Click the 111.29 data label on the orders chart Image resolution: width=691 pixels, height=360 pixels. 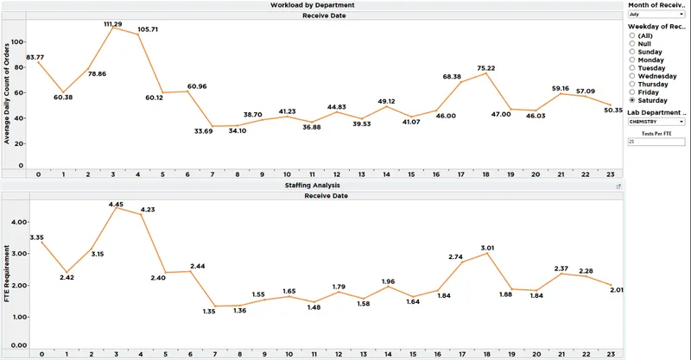click(x=113, y=24)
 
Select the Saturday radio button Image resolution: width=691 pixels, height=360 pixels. click(x=632, y=100)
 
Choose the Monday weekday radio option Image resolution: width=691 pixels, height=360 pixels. click(x=632, y=60)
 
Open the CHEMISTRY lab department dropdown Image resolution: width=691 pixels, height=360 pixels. click(x=656, y=122)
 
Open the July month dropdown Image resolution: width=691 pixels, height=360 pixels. click(x=656, y=15)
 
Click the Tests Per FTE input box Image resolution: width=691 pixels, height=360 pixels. click(x=656, y=142)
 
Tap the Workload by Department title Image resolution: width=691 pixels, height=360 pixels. click(x=313, y=5)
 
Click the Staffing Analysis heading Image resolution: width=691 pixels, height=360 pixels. click(x=313, y=186)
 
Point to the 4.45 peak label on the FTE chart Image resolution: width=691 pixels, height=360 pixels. click(x=116, y=205)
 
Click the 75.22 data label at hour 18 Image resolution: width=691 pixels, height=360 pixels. click(x=485, y=68)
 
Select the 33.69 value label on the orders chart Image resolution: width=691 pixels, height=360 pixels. click(x=203, y=131)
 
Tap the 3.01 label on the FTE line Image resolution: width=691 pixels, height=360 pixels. click(x=487, y=248)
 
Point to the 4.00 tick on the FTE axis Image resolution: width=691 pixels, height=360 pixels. click(x=19, y=222)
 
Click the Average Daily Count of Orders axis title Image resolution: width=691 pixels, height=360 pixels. click(x=7, y=93)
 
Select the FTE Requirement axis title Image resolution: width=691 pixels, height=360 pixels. click(x=7, y=274)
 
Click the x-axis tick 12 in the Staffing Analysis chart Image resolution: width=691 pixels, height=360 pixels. click(x=339, y=354)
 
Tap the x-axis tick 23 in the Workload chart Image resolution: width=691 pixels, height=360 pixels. click(x=610, y=174)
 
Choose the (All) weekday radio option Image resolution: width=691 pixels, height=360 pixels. click(x=632, y=35)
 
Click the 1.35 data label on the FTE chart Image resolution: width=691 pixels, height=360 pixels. click(x=209, y=312)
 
